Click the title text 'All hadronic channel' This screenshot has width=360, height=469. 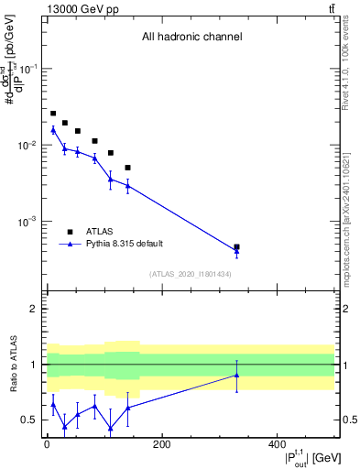(191, 38)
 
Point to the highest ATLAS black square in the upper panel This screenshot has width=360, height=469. (53, 114)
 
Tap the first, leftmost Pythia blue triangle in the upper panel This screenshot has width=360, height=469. (53, 130)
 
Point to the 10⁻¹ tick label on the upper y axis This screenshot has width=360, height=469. (29, 70)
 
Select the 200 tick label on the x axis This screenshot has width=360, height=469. (161, 445)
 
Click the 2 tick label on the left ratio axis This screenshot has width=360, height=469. (34, 309)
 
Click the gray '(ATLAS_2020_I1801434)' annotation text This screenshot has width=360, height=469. (191, 274)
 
